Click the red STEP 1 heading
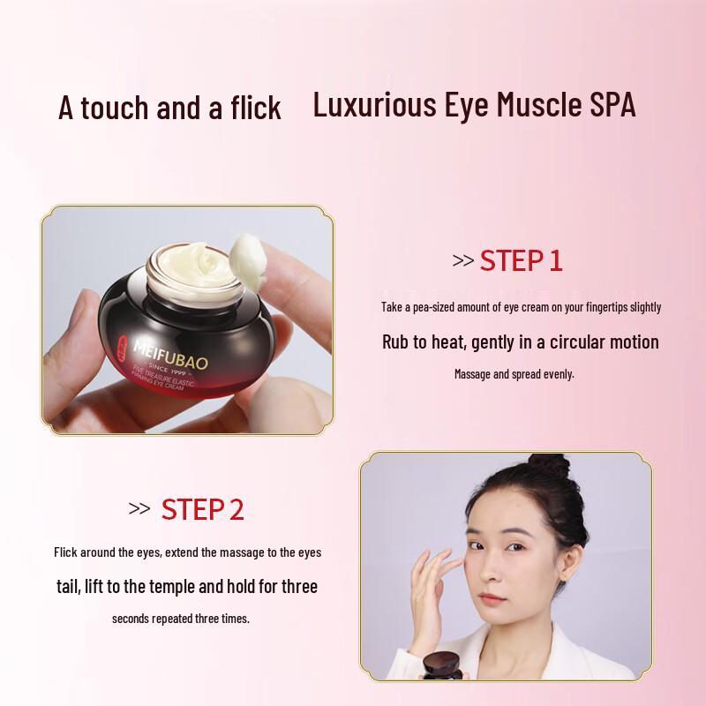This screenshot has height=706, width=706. click(521, 261)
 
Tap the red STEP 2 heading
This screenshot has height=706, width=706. click(202, 509)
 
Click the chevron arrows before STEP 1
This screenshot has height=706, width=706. click(462, 261)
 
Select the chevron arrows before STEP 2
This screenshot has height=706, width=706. click(139, 509)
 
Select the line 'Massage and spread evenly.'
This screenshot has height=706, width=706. click(514, 374)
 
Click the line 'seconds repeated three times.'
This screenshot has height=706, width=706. click(181, 619)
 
